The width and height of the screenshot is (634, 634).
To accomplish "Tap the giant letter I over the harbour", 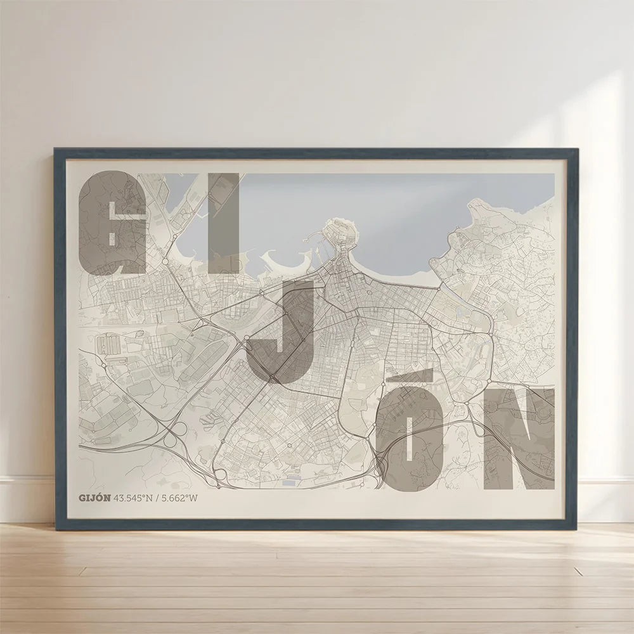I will click(224, 222).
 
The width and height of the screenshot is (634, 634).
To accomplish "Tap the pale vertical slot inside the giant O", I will click(410, 440).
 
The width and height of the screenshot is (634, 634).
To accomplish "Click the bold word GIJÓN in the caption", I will click(94, 498).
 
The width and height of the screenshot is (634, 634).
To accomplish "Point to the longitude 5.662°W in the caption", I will click(180, 498).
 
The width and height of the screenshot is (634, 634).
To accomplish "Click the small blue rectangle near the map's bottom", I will click(289, 482).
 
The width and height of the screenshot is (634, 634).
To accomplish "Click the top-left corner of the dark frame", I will click(56, 150).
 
